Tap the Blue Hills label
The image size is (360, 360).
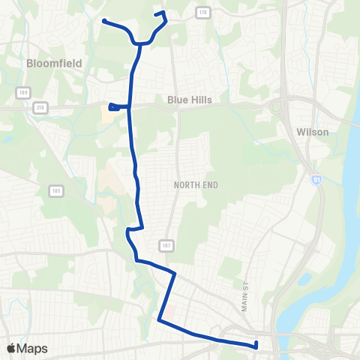point(190,100)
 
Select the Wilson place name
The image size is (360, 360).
point(313,132)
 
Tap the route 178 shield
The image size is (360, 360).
point(202,12)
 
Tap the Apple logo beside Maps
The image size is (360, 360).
point(11,348)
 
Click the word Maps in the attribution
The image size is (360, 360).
point(32,348)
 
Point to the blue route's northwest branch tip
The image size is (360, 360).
point(103,21)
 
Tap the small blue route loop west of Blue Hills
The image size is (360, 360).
point(113,107)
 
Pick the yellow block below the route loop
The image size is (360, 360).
point(109,117)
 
